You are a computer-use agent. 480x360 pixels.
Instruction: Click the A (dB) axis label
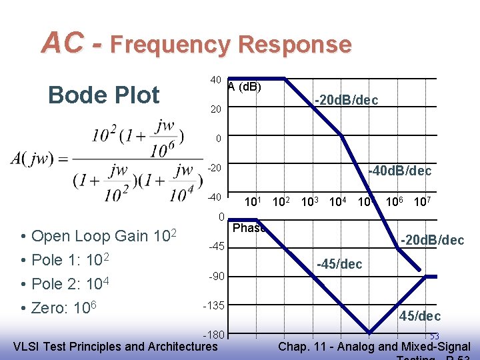(244, 86)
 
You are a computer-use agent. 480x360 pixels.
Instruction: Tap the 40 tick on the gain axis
(215, 80)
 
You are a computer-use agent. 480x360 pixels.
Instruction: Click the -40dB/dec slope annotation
(400, 171)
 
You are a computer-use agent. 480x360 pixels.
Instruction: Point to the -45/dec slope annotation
(339, 264)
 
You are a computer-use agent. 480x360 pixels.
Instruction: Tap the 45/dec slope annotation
(420, 315)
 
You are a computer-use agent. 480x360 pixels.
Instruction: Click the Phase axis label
(249, 228)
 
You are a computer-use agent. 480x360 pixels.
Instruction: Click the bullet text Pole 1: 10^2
(70, 259)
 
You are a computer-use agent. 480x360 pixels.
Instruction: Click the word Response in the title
(294, 45)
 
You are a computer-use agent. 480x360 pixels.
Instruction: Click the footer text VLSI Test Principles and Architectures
(115, 346)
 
